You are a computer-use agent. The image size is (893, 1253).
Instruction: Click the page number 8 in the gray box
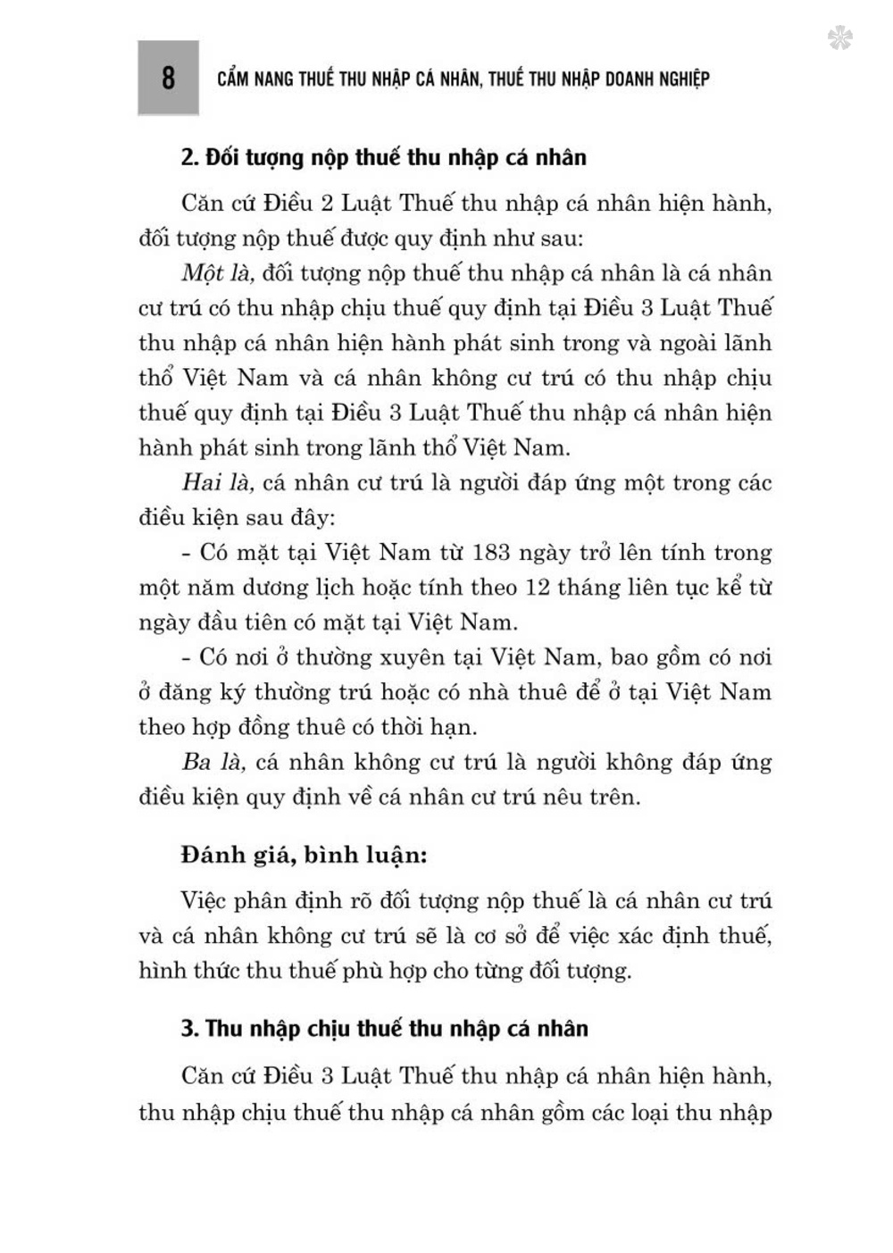coord(168,79)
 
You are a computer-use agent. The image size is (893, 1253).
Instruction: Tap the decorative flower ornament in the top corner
coord(839,38)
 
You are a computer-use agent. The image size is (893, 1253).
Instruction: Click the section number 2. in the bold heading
coord(189,158)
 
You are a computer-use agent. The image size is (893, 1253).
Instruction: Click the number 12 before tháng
coord(569,588)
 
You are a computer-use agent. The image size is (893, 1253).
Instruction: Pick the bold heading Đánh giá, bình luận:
coord(304,855)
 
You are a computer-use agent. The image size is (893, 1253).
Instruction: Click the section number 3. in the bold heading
coord(189,1029)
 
